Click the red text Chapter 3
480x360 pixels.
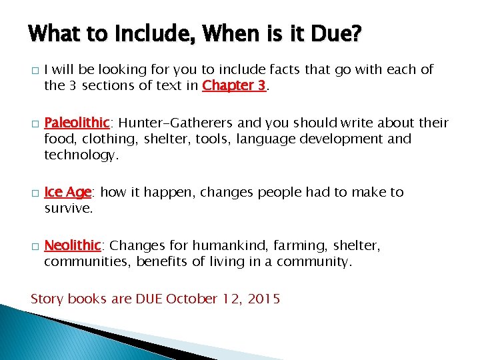[x=234, y=85]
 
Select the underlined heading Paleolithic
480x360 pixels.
[x=77, y=123]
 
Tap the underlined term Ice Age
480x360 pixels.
[x=67, y=192]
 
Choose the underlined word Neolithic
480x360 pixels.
[x=73, y=246]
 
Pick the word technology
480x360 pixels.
[x=81, y=155]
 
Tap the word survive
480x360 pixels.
[x=68, y=208]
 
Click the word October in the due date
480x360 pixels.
[x=192, y=299]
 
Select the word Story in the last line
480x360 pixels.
[x=47, y=299]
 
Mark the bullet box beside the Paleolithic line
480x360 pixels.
[x=33, y=124]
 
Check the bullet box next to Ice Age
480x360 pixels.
[x=33, y=193]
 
